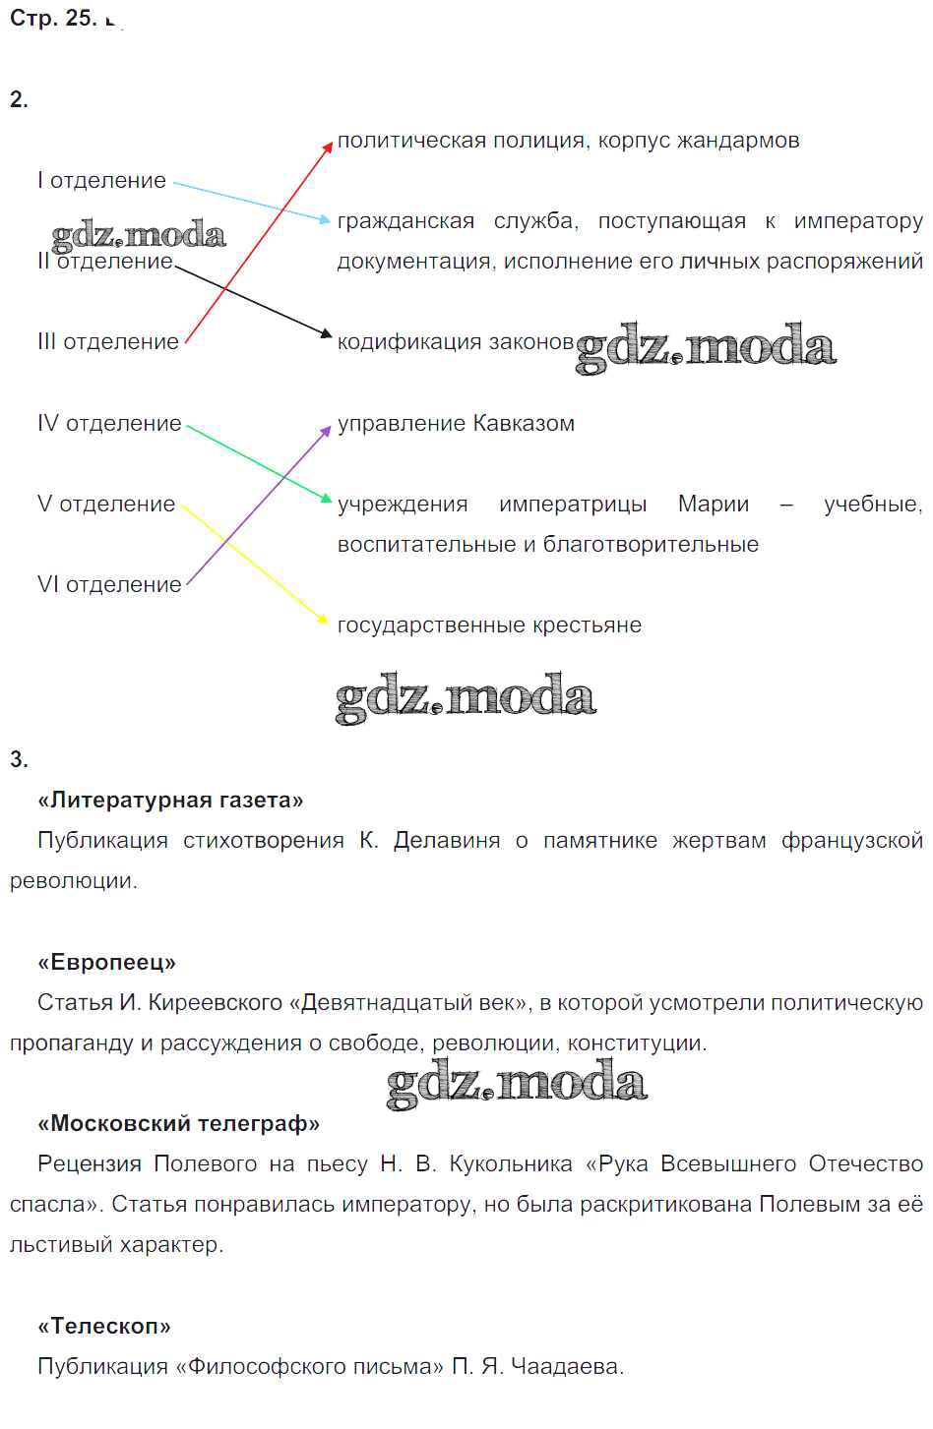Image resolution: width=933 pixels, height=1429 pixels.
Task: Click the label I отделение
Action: [x=101, y=181]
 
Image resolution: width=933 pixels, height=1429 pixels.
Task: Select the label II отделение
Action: [x=105, y=261]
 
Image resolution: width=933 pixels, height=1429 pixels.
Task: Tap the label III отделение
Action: [x=108, y=342]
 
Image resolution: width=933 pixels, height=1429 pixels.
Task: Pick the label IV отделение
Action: [x=109, y=423]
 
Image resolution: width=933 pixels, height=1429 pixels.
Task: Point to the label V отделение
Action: [x=106, y=504]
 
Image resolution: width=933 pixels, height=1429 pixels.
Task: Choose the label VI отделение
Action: [x=109, y=584]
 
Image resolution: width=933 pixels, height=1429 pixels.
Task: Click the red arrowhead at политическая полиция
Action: [x=327, y=148]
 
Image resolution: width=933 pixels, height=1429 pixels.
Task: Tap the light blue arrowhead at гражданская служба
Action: [x=325, y=219]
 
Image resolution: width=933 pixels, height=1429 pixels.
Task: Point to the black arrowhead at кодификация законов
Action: [x=326, y=333]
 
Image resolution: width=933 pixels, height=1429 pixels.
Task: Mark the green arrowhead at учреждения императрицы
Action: [x=326, y=498]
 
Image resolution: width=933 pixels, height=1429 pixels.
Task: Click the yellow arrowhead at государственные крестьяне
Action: [x=323, y=619]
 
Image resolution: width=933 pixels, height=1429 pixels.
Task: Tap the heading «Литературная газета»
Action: [x=170, y=800]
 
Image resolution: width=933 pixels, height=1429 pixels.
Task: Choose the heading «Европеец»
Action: [x=106, y=962]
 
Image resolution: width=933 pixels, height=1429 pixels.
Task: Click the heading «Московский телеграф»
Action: [x=179, y=1123]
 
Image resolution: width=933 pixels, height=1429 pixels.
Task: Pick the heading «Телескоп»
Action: [x=104, y=1326]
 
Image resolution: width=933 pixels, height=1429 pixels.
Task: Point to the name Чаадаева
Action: [x=566, y=1366]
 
